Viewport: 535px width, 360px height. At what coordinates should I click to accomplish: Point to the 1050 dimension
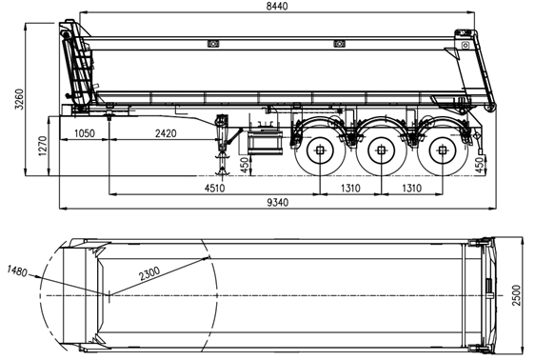(x=85, y=134)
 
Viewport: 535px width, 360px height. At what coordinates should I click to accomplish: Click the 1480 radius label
(x=17, y=270)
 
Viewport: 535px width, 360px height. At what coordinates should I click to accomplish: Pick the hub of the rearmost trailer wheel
(x=441, y=150)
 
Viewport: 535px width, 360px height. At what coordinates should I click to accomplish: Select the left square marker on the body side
(x=213, y=44)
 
